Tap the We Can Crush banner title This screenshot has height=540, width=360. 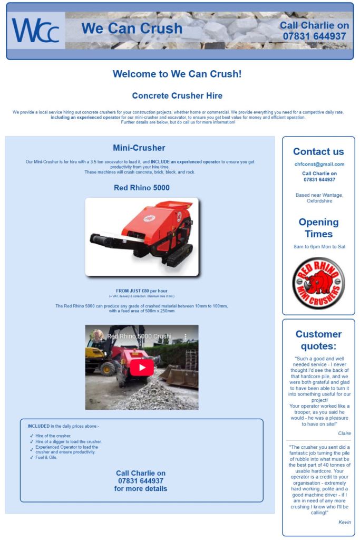pyautogui.click(x=132, y=28)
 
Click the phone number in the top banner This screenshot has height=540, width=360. pyautogui.click(x=314, y=36)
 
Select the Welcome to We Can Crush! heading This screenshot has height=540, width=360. pyautogui.click(x=177, y=74)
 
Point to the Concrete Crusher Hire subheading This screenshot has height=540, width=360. pyautogui.click(x=177, y=96)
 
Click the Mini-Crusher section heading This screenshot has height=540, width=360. pyautogui.click(x=139, y=148)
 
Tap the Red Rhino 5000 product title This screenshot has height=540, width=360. pyautogui.click(x=142, y=188)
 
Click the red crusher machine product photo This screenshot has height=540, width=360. pyautogui.click(x=142, y=237)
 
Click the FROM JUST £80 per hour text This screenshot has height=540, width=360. pyautogui.click(x=142, y=291)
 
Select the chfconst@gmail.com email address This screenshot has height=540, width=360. pyautogui.click(x=318, y=165)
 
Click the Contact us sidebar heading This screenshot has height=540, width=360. pyautogui.click(x=318, y=151)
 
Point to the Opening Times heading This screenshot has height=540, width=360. pyautogui.click(x=318, y=228)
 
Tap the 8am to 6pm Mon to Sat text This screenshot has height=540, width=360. pyautogui.click(x=318, y=247)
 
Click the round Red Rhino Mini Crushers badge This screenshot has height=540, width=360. pyautogui.click(x=318, y=283)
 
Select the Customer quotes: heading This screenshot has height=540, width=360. pyautogui.click(x=318, y=340)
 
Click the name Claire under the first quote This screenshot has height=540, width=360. pyautogui.click(x=344, y=433)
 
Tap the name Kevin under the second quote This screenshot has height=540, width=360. pyautogui.click(x=344, y=522)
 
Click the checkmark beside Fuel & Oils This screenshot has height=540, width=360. pyautogui.click(x=32, y=458)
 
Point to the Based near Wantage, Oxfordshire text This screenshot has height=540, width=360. pyautogui.click(x=318, y=198)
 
